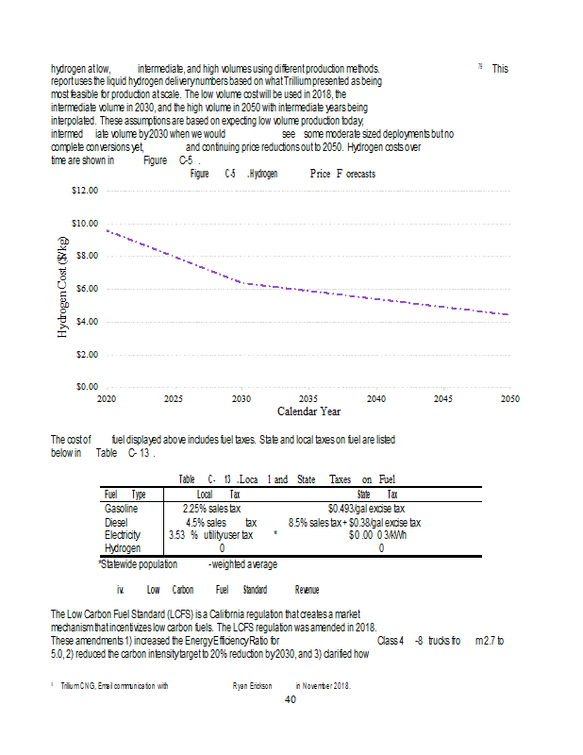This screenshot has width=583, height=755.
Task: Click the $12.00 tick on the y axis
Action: click(x=85, y=191)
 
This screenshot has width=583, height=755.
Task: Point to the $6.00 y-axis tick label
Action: click(x=85, y=289)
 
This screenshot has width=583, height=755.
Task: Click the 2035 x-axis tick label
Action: click(x=308, y=399)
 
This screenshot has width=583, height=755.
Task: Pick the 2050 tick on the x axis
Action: click(x=509, y=399)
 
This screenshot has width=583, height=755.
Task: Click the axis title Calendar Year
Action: click(x=308, y=411)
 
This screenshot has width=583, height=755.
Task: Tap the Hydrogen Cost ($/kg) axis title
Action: click(x=63, y=288)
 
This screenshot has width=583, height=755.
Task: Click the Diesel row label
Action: click(x=115, y=522)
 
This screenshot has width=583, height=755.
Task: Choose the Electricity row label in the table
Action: click(x=121, y=535)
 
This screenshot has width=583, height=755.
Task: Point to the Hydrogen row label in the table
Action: click(x=123, y=548)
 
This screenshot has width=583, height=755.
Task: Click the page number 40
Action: click(x=291, y=699)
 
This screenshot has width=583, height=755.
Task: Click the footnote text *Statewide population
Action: click(x=138, y=563)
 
